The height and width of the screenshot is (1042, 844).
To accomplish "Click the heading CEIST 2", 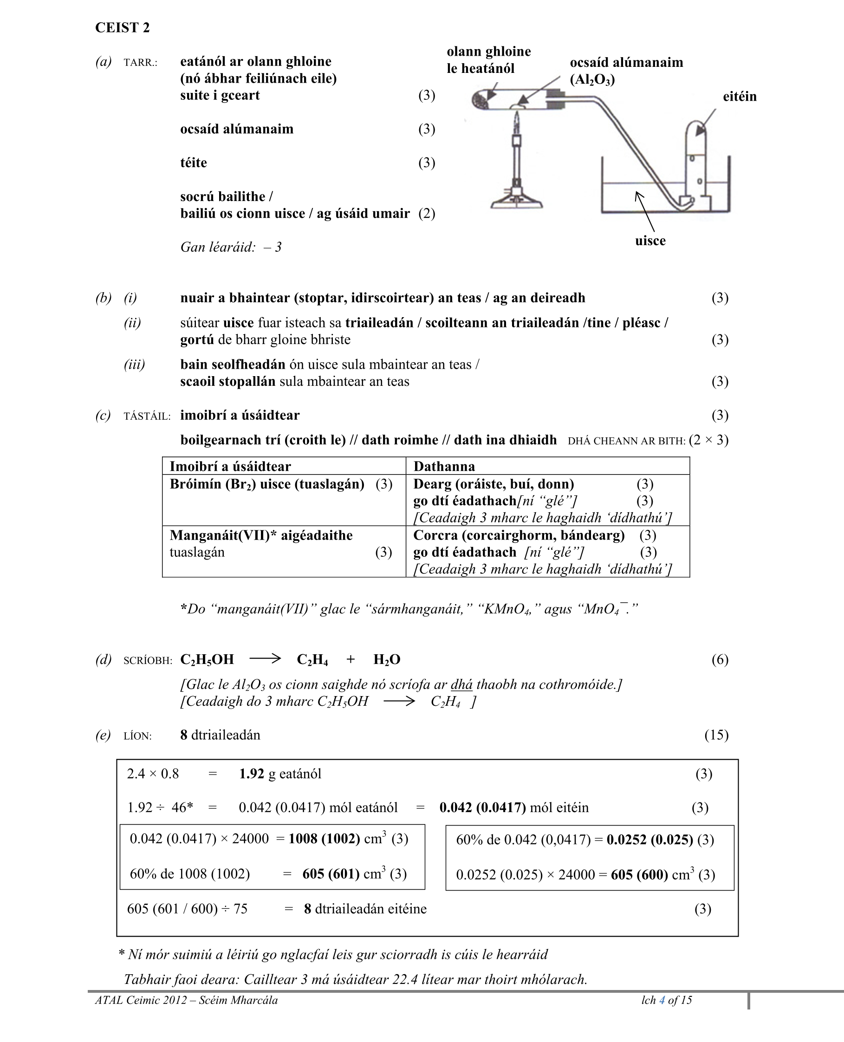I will click(x=122, y=28).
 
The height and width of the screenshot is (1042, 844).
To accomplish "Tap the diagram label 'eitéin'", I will click(x=739, y=96).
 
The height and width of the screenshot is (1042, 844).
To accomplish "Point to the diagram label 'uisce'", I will click(x=649, y=241).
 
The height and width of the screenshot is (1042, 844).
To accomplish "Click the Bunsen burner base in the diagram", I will click(x=516, y=200).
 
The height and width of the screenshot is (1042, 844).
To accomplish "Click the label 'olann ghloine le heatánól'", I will click(x=488, y=60).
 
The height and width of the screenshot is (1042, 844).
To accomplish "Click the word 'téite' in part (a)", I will click(x=193, y=163).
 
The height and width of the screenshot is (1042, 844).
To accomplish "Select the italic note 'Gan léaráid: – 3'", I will click(x=230, y=247).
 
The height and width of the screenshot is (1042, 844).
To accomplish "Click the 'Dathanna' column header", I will click(x=443, y=466).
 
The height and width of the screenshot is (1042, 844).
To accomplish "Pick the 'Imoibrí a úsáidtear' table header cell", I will click(x=230, y=466).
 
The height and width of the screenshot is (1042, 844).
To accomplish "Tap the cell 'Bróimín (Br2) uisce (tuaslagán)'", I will click(x=266, y=484).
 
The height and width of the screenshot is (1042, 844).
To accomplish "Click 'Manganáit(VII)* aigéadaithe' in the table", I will click(x=261, y=535).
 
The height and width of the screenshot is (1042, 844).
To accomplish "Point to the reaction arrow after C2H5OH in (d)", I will click(x=265, y=659).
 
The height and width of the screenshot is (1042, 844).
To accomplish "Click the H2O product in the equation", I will click(x=387, y=659).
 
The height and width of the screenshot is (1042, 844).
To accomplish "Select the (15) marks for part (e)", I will click(x=716, y=735).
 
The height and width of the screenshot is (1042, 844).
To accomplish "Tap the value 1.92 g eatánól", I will click(x=279, y=774).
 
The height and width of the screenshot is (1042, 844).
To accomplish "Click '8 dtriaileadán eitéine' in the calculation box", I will click(x=364, y=909).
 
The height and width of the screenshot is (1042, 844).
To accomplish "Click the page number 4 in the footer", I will click(x=662, y=1000).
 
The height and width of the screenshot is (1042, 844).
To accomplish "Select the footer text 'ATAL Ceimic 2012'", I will click(x=141, y=1000).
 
